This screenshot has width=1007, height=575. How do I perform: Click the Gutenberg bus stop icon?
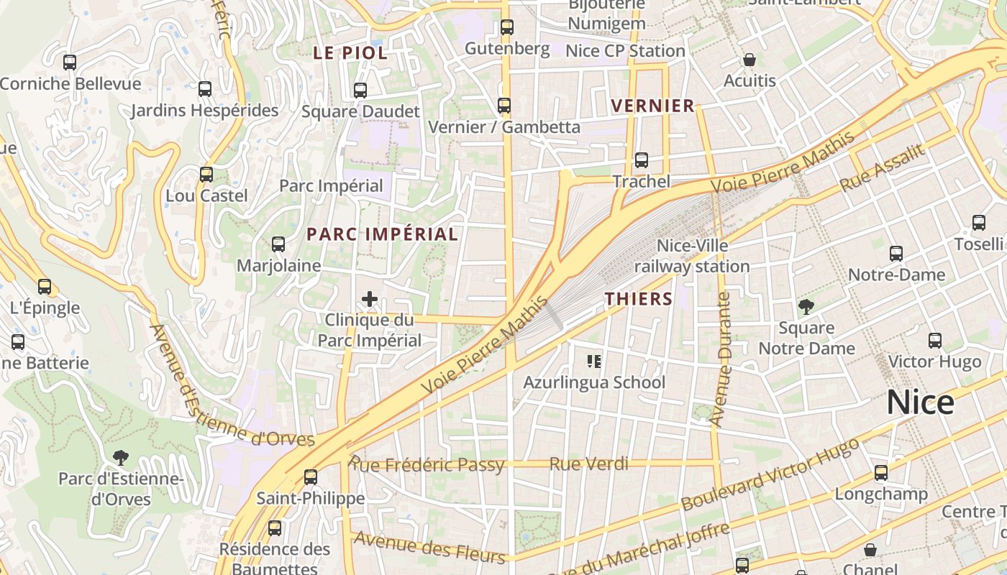pyautogui.click(x=507, y=27)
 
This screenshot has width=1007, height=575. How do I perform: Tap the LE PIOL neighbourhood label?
pyautogui.click(x=350, y=52)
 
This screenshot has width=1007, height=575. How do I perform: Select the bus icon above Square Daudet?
pyautogui.click(x=360, y=91)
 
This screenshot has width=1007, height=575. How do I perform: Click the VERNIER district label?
pyautogui.click(x=652, y=106)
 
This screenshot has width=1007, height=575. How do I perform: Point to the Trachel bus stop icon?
pyautogui.click(x=641, y=160)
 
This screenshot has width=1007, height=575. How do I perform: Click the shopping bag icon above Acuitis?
pyautogui.click(x=749, y=59)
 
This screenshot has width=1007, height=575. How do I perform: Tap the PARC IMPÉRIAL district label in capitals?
pyautogui.click(x=382, y=234)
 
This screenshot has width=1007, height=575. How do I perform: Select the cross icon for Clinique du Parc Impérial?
pyautogui.click(x=370, y=299)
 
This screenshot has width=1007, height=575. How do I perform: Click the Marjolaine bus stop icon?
pyautogui.click(x=278, y=244)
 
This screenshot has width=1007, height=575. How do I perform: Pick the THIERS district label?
pyautogui.click(x=639, y=299)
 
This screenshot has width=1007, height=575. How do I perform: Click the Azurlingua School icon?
pyautogui.click(x=594, y=361)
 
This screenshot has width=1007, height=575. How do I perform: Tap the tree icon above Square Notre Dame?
pyautogui.click(x=806, y=307)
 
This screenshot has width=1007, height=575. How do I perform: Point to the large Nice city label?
pyautogui.click(x=920, y=402)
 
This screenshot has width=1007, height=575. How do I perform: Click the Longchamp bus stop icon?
pyautogui.click(x=881, y=473)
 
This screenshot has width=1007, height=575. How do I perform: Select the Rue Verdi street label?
pyautogui.click(x=588, y=464)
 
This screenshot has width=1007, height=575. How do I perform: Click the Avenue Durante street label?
pyautogui.click(x=720, y=359)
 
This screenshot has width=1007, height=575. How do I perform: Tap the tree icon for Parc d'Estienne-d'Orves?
pyautogui.click(x=121, y=457)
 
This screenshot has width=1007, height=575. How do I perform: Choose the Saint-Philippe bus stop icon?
pyautogui.click(x=311, y=477)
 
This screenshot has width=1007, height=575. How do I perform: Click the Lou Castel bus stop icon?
pyautogui.click(x=206, y=175)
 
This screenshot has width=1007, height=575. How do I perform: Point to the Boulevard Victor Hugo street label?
pyautogui.click(x=770, y=474)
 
